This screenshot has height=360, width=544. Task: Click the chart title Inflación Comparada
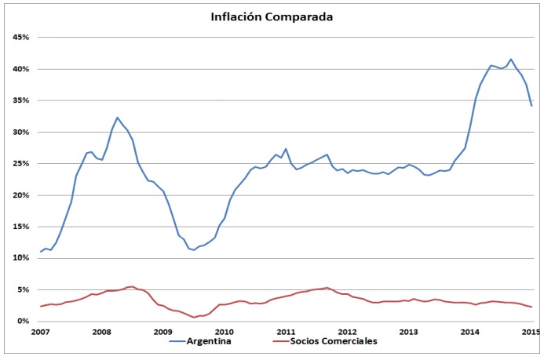272,16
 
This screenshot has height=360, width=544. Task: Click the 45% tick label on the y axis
19,37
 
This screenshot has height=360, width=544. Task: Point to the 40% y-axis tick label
19,69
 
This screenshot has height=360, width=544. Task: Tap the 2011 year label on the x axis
285,332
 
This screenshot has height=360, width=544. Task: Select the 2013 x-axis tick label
408,332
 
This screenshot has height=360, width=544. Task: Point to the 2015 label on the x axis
531,332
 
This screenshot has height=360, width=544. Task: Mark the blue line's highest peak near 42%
511,59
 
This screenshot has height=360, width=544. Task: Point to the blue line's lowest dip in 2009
193,250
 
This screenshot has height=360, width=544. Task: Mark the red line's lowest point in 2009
194,317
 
